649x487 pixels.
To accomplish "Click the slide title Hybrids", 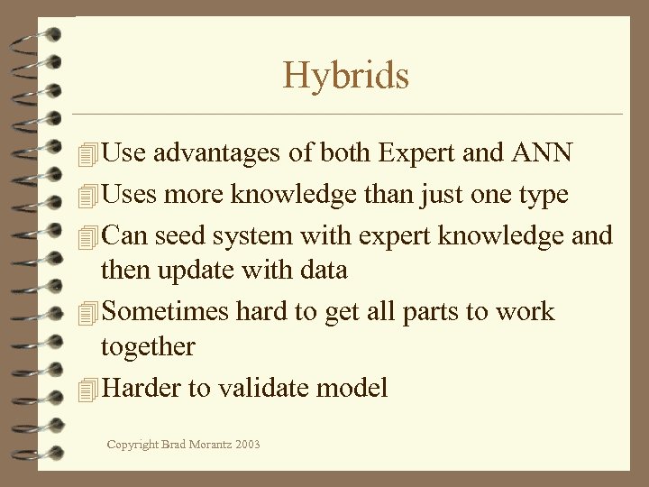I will click(x=346, y=75).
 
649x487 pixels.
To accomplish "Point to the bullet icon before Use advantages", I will click(x=87, y=154).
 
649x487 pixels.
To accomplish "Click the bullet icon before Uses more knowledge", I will click(x=87, y=196).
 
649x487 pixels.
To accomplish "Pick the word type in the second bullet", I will click(x=538, y=196).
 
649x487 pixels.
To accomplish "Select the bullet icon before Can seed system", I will click(x=87, y=236).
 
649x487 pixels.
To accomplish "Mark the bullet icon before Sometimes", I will click(x=87, y=313).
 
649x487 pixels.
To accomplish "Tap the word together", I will click(x=148, y=345).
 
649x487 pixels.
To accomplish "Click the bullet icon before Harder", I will click(x=87, y=390).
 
